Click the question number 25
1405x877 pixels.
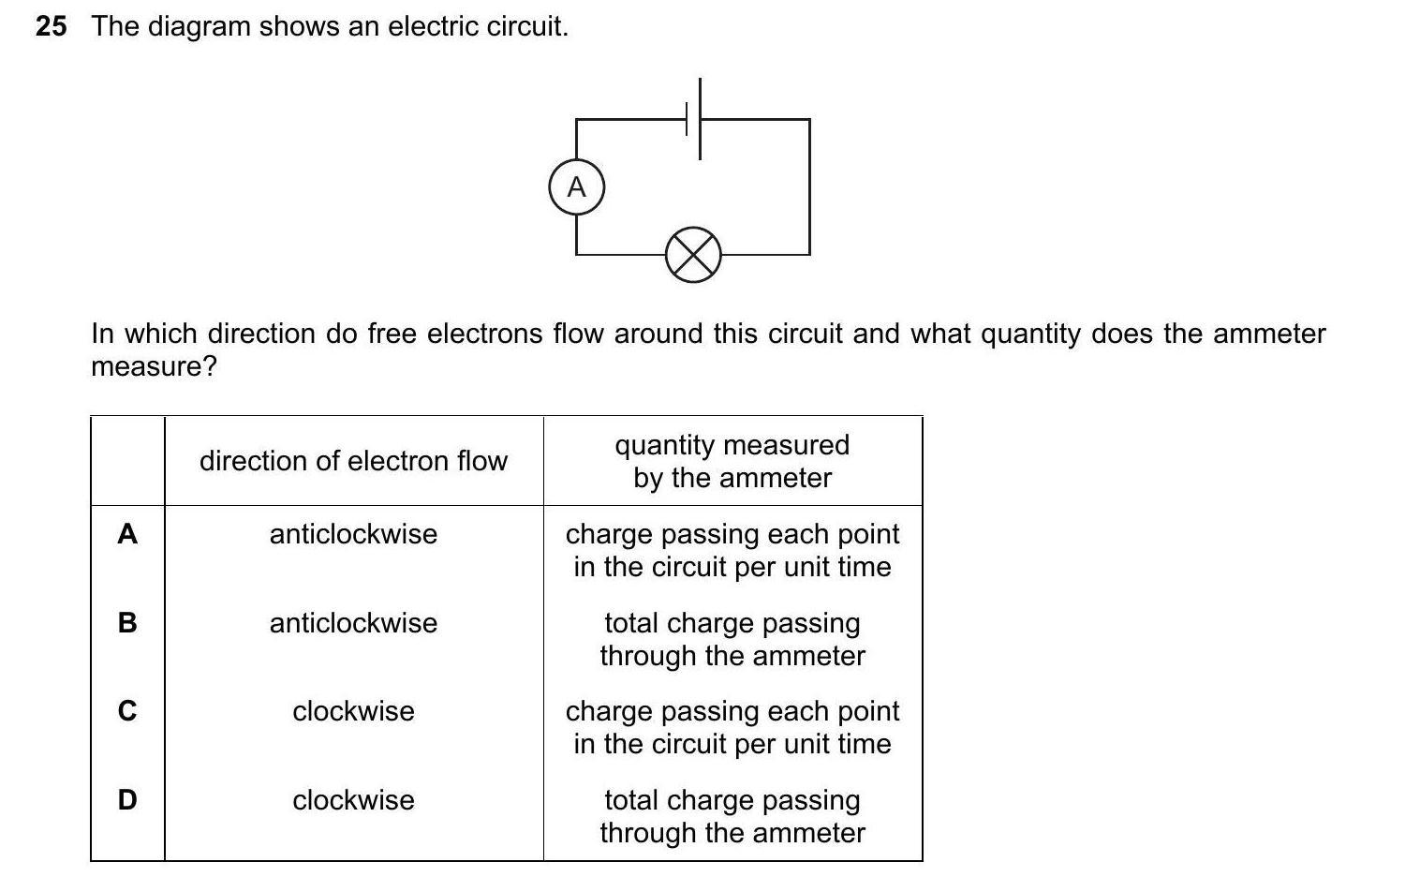point(52,26)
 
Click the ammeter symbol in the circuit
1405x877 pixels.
point(576,187)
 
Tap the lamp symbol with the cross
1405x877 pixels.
point(693,254)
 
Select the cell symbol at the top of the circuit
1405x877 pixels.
point(694,119)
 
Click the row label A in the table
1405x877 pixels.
point(127,534)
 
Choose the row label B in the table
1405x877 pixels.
point(127,622)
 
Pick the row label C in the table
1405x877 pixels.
point(127,711)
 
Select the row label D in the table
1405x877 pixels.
point(127,799)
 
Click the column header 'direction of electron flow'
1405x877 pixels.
point(353,461)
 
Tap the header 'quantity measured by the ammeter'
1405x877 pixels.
point(732,461)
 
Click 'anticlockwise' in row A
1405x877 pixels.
point(353,534)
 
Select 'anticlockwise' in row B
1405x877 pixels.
point(353,623)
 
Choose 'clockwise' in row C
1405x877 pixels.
point(353,711)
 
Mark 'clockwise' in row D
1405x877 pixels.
point(353,800)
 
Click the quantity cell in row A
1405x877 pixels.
point(732,550)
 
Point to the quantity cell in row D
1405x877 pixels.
point(732,816)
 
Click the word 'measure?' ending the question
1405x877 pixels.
point(154,366)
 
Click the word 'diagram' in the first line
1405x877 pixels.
point(199,26)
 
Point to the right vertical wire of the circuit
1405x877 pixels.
point(809,187)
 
